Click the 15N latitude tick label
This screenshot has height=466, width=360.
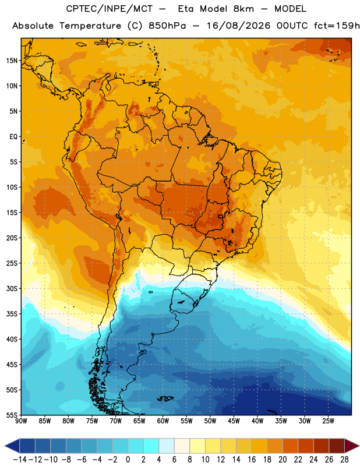click(12, 61)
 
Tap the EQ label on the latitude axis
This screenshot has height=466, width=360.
click(13, 137)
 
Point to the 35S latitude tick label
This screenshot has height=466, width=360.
click(12, 314)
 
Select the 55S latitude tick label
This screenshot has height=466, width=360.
click(12, 415)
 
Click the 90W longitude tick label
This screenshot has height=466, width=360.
click(21, 421)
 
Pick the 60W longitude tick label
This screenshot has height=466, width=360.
click(163, 421)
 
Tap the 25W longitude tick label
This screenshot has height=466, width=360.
click(328, 421)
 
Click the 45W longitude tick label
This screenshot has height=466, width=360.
click(234, 421)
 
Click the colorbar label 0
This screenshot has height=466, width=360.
click(128, 460)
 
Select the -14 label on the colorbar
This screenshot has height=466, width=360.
click(20, 460)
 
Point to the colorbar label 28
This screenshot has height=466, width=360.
click(344, 460)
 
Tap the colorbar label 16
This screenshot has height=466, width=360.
click(252, 460)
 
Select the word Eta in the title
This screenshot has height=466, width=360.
click(185, 9)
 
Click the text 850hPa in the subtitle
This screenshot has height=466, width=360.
click(167, 26)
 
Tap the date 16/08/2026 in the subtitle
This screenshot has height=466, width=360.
click(238, 26)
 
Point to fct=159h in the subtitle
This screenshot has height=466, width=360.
click(337, 26)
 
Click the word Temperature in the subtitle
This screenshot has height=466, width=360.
click(90, 26)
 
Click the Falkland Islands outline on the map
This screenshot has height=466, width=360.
click(165, 398)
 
